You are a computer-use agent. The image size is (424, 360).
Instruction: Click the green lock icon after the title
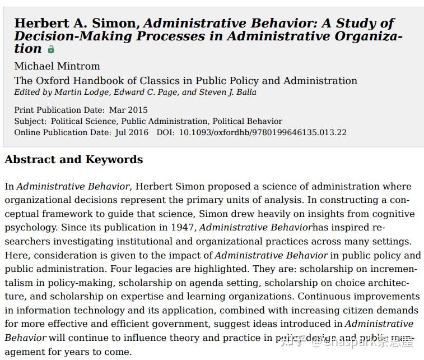click(51, 49)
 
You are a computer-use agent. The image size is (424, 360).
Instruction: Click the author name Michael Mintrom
click(57, 66)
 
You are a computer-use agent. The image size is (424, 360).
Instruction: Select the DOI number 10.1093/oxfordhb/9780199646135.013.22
click(263, 132)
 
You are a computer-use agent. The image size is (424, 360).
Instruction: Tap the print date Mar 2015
click(128, 110)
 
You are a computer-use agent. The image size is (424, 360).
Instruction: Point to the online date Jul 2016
click(131, 132)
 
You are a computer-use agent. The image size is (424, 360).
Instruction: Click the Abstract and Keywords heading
click(73, 160)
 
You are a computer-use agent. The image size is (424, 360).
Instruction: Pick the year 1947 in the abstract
click(181, 228)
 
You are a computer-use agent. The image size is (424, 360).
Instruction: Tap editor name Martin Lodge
click(74, 92)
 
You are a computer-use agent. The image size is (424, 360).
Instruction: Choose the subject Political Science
click(83, 121)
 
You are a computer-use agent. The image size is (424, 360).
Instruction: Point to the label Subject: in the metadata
click(30, 121)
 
